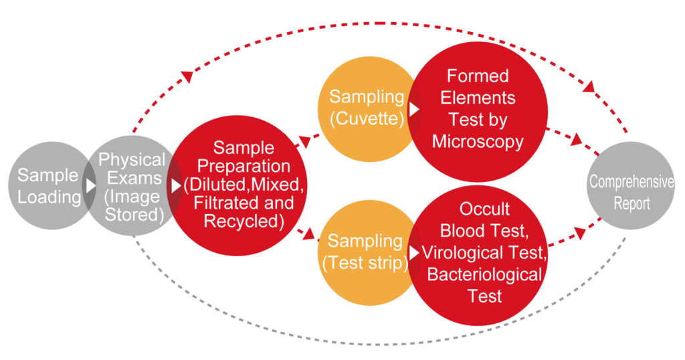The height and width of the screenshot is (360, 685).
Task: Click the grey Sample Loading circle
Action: (49, 185)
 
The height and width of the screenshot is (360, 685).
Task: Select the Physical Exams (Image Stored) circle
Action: (133, 185)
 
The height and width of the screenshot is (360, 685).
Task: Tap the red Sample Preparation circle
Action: (238, 185)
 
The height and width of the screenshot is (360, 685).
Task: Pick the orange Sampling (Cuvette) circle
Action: (368, 109)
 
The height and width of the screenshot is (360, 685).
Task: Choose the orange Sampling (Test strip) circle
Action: (368, 252)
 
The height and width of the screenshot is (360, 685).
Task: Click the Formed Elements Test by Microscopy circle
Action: (478, 109)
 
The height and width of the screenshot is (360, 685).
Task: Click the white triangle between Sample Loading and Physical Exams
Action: (91, 185)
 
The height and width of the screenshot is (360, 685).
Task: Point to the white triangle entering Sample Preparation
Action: (176, 185)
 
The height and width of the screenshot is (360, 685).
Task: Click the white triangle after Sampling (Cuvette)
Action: (414, 109)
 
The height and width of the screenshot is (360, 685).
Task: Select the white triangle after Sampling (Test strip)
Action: (414, 252)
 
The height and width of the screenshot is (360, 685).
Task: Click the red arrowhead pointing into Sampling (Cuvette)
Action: (304, 142)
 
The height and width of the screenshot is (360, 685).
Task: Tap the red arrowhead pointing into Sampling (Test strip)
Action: (308, 234)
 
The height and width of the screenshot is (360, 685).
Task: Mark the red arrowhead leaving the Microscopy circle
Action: (577, 139)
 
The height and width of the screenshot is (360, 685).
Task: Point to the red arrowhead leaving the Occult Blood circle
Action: (580, 234)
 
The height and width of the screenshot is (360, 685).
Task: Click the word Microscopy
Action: (478, 142)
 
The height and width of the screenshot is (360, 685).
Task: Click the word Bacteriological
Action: (484, 274)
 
